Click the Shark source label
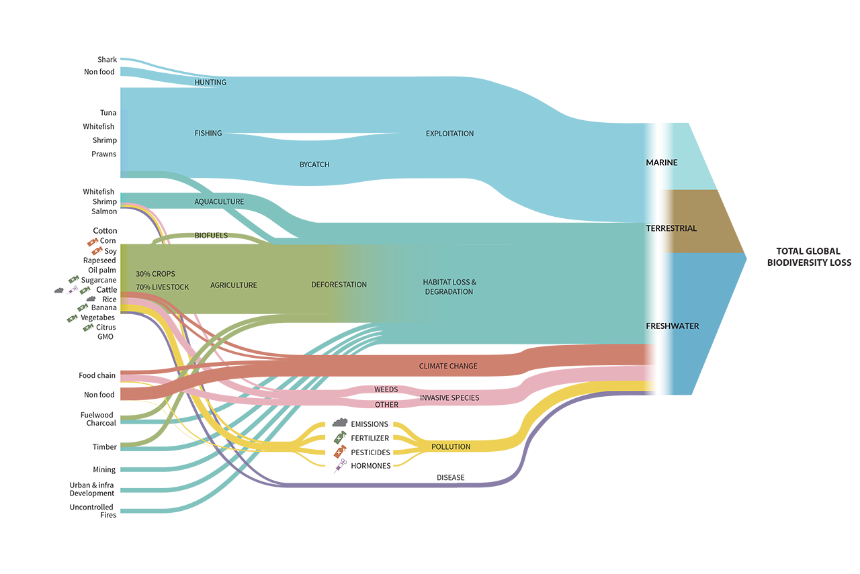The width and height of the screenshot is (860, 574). tap(107, 60)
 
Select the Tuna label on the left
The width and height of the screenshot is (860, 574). tap(108, 113)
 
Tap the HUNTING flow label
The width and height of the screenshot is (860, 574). tap(210, 83)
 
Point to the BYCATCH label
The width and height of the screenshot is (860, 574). tap(314, 164)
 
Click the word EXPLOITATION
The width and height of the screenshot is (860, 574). tap(449, 134)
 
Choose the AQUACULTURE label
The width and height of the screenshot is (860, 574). tap(219, 201)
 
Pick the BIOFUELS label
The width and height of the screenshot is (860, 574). tap(211, 236)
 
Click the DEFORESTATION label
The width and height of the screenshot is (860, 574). tap(339, 285)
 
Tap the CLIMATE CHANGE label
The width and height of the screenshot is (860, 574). tap(448, 366)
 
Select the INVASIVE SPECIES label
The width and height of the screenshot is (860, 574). tap(449, 398)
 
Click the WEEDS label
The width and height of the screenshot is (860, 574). tap(386, 389)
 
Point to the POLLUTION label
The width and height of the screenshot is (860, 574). tap(451, 446)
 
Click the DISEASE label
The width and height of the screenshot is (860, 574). tap(450, 478)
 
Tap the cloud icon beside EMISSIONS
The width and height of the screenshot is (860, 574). tap(340, 424)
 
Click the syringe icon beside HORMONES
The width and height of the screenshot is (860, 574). tap(340, 467)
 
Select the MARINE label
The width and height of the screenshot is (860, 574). tap(661, 162)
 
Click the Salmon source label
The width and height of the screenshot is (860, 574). tap(104, 211)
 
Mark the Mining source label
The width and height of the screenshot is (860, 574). tap(104, 470)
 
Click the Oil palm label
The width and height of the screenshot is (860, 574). tap(102, 270)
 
